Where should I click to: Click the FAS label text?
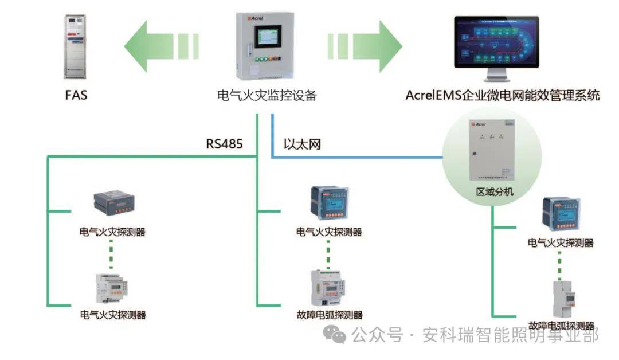click(x=76, y=95)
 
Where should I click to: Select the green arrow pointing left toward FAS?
click(x=160, y=46)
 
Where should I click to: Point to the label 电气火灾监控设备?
click(x=267, y=95)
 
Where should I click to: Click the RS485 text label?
click(x=224, y=144)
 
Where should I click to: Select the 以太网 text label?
click(x=302, y=144)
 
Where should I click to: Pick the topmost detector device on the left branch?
click(x=113, y=204)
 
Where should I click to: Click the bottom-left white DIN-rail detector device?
click(x=112, y=288)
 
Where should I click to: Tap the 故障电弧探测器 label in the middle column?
click(x=330, y=315)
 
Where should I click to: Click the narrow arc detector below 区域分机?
click(x=562, y=298)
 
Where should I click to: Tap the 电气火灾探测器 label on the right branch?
click(x=561, y=243)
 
